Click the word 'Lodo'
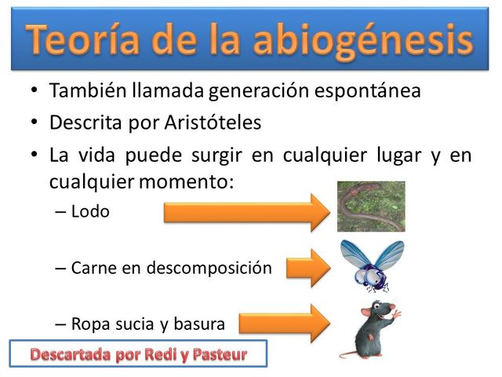(90, 211)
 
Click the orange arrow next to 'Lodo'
(247, 212)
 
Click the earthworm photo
(371, 206)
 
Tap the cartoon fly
(369, 265)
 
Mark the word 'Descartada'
(68, 354)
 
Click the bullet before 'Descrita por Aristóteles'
(34, 123)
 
